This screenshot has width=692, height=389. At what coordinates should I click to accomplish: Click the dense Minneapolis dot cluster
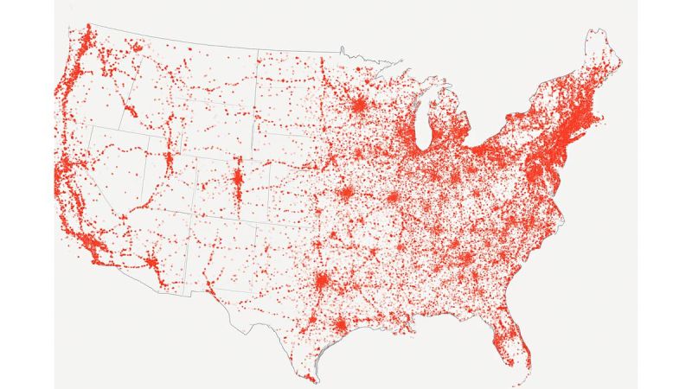point(357,105)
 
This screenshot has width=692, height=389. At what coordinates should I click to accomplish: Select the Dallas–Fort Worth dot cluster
point(322,282)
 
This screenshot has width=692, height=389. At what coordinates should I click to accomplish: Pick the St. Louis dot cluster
point(392,197)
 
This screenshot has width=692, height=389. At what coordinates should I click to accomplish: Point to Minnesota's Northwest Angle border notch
point(343,48)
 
